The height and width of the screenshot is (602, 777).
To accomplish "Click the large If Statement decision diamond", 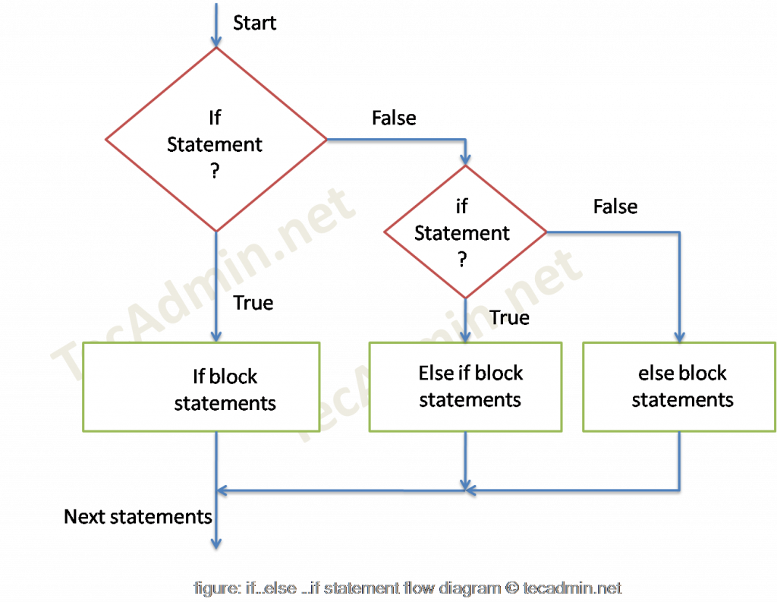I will click(215, 140).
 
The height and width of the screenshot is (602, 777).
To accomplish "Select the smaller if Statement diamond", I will click(464, 231).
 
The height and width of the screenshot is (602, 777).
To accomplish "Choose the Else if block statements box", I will click(465, 386).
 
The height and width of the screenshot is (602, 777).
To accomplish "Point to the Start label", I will click(255, 22).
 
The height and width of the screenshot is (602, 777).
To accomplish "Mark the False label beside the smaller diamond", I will click(615, 206).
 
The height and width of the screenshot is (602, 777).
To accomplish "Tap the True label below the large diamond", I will click(253, 304).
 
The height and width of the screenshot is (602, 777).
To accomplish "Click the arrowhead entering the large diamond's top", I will click(216, 40).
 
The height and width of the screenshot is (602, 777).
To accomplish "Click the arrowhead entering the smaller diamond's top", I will click(464, 159).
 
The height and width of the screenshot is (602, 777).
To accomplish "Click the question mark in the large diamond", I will click(215, 171).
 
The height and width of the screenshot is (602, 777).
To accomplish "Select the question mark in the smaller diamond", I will click(463, 259).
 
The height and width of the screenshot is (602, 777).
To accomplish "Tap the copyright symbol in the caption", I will click(513, 588).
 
